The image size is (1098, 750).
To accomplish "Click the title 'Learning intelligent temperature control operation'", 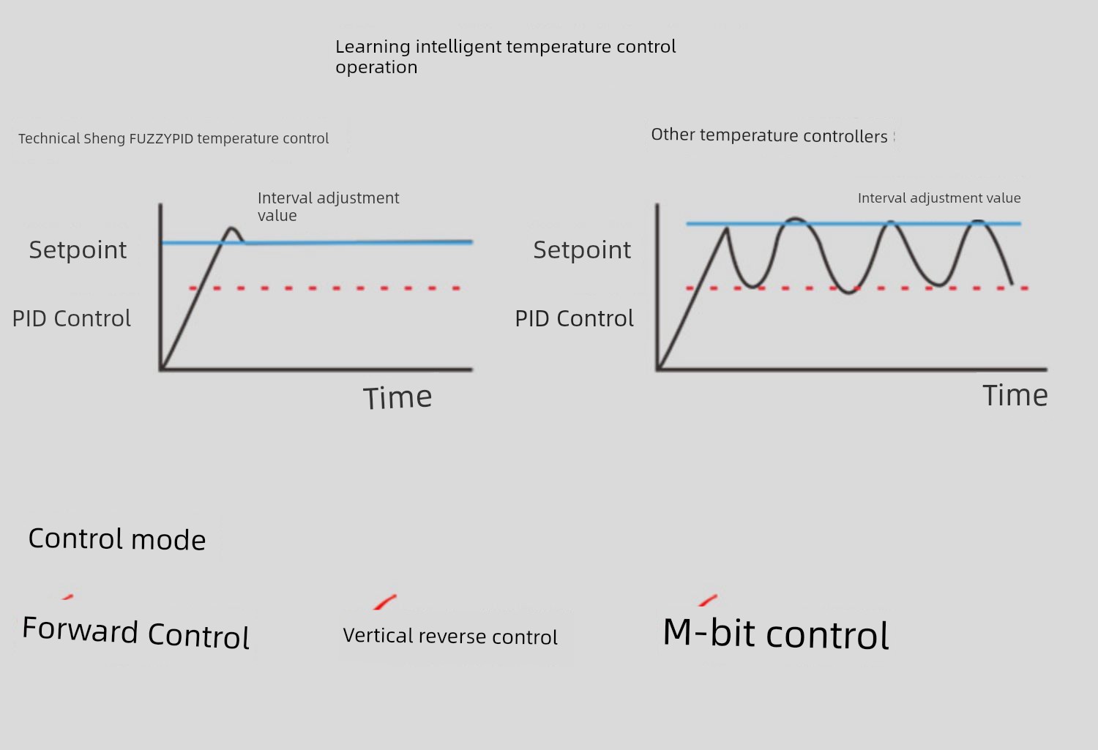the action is (x=505, y=57).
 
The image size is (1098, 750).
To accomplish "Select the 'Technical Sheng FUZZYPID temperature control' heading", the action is (x=173, y=138).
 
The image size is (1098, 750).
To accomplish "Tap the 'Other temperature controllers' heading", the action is (x=769, y=135).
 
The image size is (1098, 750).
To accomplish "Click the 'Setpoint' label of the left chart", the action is (x=78, y=250).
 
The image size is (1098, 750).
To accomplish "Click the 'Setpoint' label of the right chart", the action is (x=582, y=250).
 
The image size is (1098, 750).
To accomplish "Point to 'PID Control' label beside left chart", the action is (x=72, y=318).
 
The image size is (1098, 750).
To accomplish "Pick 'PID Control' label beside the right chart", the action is (x=575, y=318).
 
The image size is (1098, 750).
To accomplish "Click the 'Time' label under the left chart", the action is (x=397, y=397).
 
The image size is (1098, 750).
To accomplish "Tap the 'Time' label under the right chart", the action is (x=1015, y=395).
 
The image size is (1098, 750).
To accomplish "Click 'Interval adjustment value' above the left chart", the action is (x=329, y=206).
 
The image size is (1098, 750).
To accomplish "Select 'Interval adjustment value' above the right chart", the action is (x=939, y=198).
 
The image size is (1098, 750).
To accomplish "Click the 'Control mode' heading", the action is (x=117, y=539).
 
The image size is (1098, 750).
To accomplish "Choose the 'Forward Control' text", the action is (x=136, y=632).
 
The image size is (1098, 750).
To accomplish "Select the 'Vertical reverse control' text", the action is (x=450, y=636).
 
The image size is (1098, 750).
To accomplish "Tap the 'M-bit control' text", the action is (x=776, y=634).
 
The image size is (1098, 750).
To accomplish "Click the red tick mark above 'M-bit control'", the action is (x=708, y=600).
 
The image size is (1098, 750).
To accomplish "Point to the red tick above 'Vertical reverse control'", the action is (x=385, y=602).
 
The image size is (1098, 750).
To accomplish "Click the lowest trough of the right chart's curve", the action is (x=848, y=293).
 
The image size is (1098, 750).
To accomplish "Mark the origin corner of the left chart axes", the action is (x=161, y=369).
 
